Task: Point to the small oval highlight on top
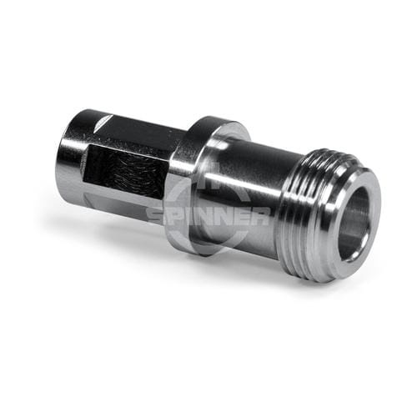tap(102, 123)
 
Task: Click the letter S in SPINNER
tap(157, 216)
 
